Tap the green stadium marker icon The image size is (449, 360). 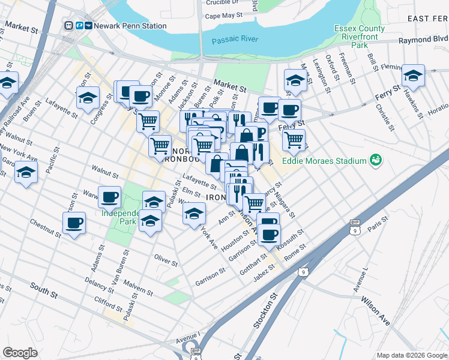click(x=376, y=160)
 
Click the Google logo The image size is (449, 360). click(x=20, y=353)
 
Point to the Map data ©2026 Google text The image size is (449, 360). click(x=411, y=355)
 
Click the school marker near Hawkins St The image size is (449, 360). click(x=413, y=76)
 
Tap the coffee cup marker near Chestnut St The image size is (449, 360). click(x=74, y=223)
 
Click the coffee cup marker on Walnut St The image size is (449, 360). click(x=110, y=197)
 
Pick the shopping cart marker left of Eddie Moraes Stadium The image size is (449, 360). click(x=294, y=140)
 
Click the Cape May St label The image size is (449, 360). click(x=223, y=16)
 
